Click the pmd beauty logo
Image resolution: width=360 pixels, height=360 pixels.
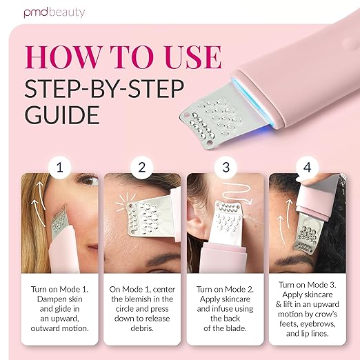[54, 12]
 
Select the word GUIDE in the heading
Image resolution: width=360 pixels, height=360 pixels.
[62, 114]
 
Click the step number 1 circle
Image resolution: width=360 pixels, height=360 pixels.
[60, 168]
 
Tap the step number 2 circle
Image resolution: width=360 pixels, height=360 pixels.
[142, 168]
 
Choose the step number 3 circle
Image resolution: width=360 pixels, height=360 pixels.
[226, 168]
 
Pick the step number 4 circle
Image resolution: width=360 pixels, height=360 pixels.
[308, 168]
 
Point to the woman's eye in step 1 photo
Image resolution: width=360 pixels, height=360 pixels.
[88, 180]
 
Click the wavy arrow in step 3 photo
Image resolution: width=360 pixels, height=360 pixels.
[237, 192]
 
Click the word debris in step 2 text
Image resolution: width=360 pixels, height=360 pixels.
[142, 328]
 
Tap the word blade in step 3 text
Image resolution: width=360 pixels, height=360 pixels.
[236, 328]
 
